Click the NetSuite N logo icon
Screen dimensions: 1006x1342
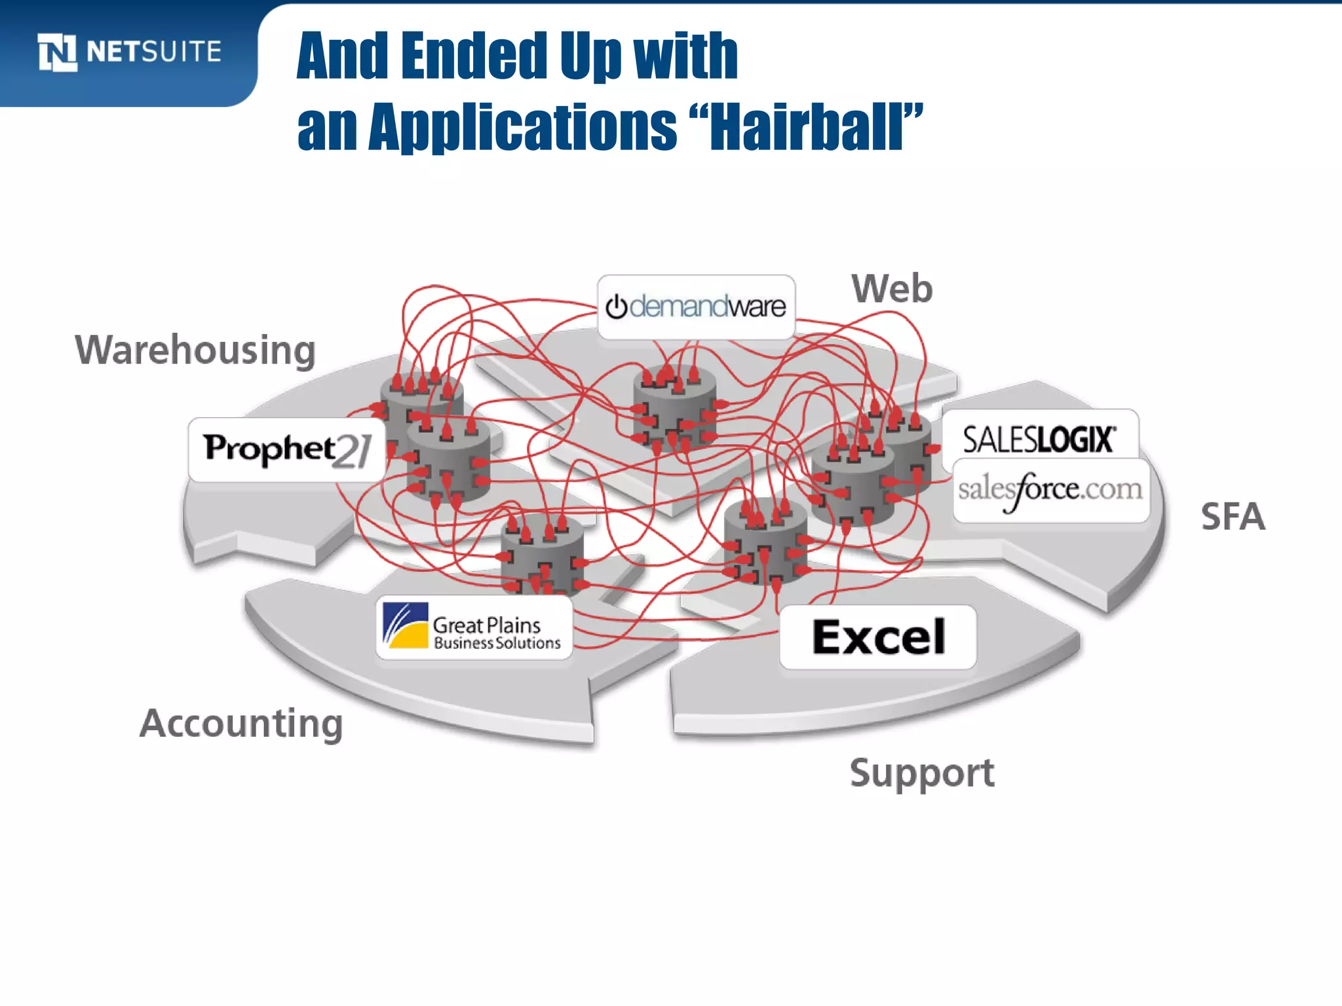58,52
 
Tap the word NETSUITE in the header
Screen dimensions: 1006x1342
154,52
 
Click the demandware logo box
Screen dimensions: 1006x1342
696,307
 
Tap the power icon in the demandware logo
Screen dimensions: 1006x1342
616,307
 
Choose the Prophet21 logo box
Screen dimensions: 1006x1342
287,450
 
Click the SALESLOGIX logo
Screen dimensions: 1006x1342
1039,439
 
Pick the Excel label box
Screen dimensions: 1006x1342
878,637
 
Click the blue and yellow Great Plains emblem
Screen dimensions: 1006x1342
406,625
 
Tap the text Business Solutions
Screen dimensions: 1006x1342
497,643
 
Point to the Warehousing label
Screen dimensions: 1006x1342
195,350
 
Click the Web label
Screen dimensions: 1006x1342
892,289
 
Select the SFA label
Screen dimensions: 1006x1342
1233,517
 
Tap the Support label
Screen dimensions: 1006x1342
922,773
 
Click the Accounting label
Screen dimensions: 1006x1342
241,724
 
